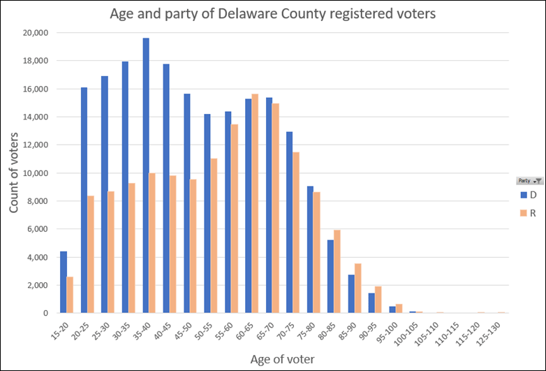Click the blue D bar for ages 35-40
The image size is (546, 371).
146,175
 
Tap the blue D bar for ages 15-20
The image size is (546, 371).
64,282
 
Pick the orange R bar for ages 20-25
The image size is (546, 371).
91,254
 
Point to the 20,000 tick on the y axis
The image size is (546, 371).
35,32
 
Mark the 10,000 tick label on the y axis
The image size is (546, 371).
35,173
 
